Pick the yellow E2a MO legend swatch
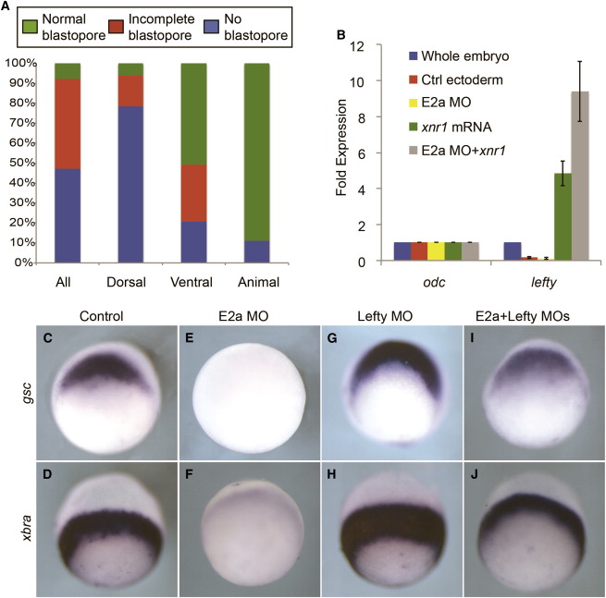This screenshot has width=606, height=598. coord(414,98)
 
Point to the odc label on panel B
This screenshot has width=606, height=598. coord(432,276)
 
